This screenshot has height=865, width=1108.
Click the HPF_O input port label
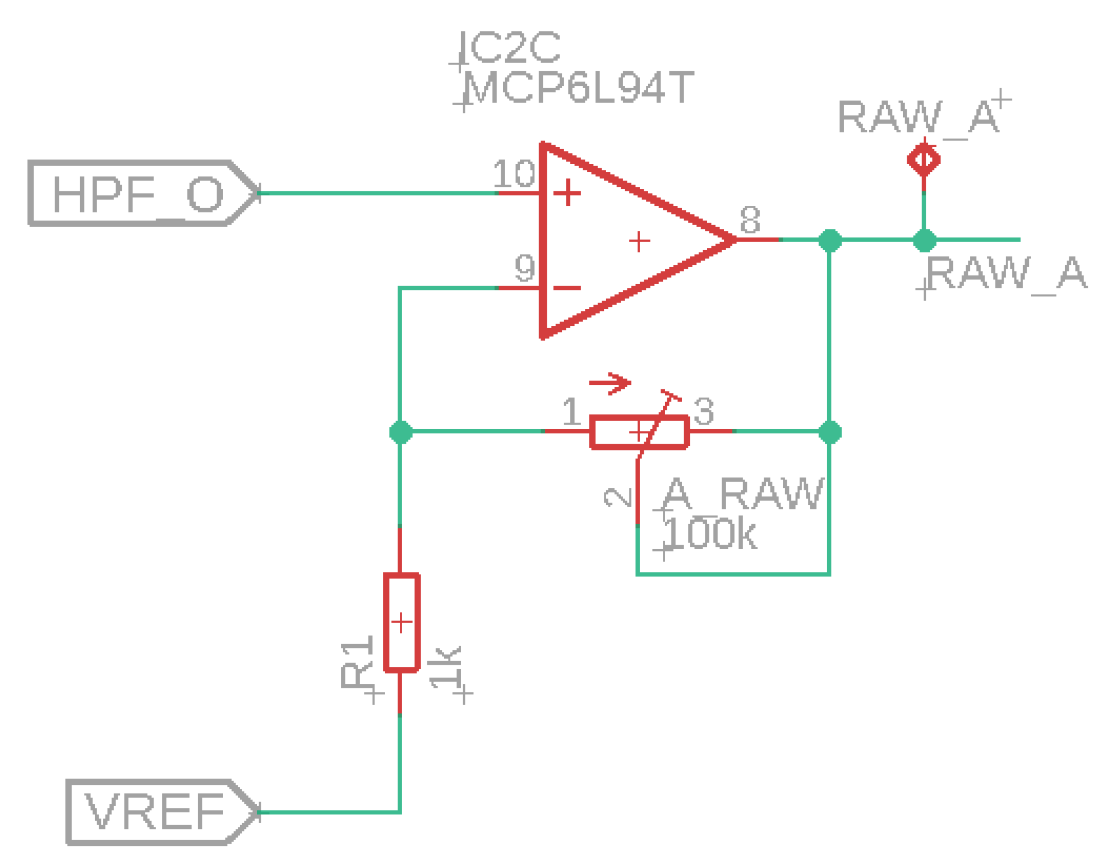coord(137,194)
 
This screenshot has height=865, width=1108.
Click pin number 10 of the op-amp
coord(514,173)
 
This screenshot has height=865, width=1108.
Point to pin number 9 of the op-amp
coord(524,268)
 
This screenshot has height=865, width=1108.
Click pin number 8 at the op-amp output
coord(750,219)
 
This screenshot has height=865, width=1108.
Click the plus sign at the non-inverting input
coord(567,192)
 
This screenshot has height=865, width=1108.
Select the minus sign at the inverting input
coord(567,288)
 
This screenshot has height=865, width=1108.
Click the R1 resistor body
coord(401,622)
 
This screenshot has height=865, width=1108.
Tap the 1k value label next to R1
coord(446,668)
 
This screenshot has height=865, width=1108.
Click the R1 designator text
coord(357,662)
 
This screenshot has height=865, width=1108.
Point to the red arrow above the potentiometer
coord(610,383)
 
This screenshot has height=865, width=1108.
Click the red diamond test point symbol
coord(924,160)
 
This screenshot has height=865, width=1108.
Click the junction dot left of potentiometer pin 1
coord(400,431)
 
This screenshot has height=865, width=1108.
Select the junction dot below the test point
coord(924,240)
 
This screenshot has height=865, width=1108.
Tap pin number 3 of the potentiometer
coord(704,411)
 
